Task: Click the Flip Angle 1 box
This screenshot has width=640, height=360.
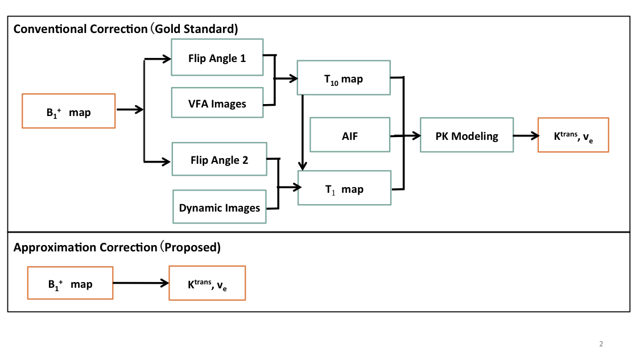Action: tap(217, 57)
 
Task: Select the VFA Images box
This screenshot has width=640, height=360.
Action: tap(217, 103)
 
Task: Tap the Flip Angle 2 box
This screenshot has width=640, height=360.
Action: tap(219, 160)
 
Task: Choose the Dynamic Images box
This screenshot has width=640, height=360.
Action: tap(220, 207)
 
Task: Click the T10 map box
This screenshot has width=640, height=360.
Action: tap(344, 78)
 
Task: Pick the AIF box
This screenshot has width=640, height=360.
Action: tap(350, 135)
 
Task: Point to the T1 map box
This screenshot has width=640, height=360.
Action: tap(344, 189)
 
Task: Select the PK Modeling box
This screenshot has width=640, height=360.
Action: tap(466, 135)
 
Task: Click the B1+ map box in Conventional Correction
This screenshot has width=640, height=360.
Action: tap(68, 111)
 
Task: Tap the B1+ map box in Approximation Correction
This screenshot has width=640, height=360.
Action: tap(70, 283)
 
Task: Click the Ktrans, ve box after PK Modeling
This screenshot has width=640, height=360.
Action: tap(573, 135)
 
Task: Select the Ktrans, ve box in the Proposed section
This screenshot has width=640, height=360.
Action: tap(207, 283)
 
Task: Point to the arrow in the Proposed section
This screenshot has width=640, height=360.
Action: tap(141, 283)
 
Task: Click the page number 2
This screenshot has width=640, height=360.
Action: tap(601, 344)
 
